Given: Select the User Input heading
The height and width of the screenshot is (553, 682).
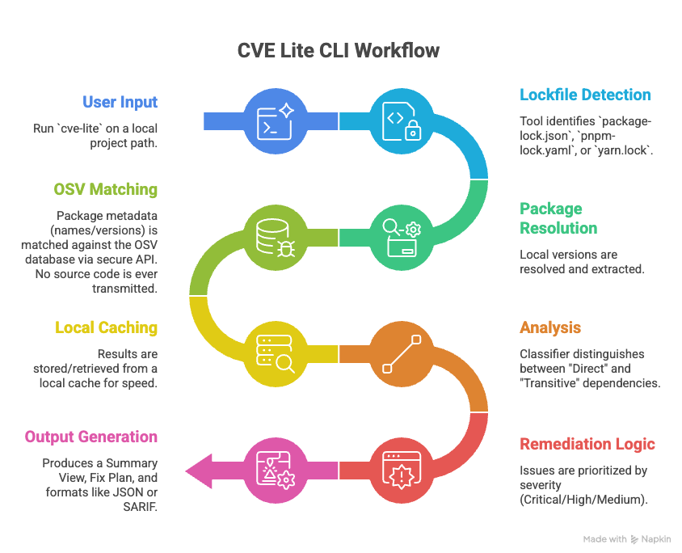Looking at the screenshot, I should pos(120,103).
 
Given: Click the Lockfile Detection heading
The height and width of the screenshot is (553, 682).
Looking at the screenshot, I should pos(584,95).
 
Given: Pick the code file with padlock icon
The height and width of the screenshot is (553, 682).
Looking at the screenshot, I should pos(401,122).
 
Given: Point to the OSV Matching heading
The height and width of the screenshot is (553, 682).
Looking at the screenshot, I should pos(105,189).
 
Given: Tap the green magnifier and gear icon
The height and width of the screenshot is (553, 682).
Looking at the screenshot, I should pos(401,238).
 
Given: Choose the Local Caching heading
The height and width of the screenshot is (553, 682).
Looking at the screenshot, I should pos(106,327).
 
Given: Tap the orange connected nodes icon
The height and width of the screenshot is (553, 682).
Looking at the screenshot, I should pos(401,353).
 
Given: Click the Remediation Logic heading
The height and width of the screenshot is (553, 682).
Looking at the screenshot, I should pos(587,444).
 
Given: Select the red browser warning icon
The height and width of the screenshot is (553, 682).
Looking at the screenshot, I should pos(401,470).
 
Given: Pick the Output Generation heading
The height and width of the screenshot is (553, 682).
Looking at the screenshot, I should pos(91,437).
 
